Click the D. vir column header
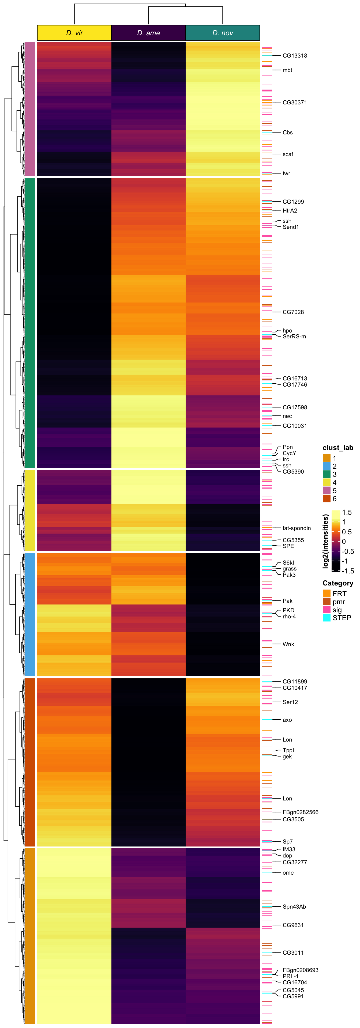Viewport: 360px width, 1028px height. (74, 33)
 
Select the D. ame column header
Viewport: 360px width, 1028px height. (148, 33)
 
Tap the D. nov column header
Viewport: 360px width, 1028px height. (223, 33)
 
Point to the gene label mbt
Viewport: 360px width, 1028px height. (287, 70)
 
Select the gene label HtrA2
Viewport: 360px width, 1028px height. (290, 211)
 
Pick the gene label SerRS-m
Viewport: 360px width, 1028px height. (294, 337)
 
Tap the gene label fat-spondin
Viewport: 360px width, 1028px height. (297, 528)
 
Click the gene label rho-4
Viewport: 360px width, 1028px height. (289, 617)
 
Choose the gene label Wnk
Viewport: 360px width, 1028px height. (288, 644)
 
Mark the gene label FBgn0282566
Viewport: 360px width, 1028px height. (300, 812)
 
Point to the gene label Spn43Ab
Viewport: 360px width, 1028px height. (294, 907)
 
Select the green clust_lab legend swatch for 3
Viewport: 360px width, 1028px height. (327, 474)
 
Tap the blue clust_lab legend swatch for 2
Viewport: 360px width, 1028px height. (327, 466)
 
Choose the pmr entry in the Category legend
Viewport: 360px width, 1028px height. (339, 602)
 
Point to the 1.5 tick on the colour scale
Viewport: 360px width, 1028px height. (347, 512)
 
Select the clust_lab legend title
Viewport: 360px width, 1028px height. (338, 448)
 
